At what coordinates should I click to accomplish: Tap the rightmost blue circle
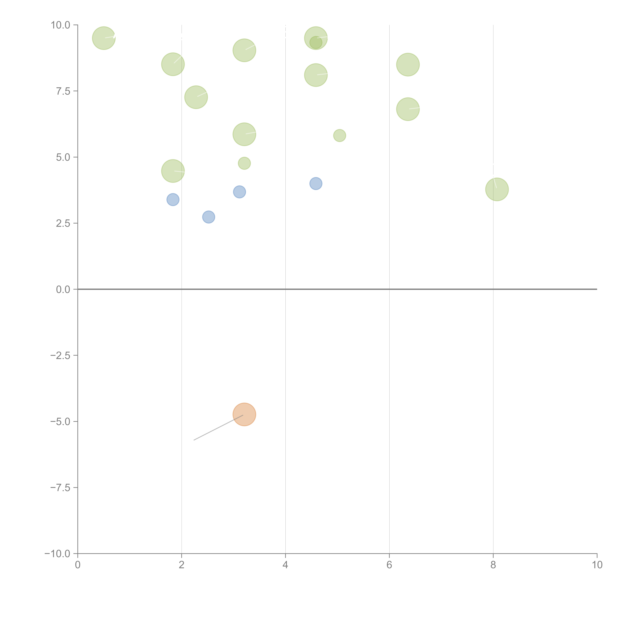316,183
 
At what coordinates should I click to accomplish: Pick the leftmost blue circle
173,200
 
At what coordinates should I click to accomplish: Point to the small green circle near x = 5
340,136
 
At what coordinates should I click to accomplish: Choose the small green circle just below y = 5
244,163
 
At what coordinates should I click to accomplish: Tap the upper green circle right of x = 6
408,64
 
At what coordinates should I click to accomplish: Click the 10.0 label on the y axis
61,25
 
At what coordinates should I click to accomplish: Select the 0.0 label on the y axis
63,289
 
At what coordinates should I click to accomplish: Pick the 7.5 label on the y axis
63,91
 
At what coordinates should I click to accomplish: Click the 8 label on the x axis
493,565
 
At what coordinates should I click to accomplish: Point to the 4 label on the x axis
285,565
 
